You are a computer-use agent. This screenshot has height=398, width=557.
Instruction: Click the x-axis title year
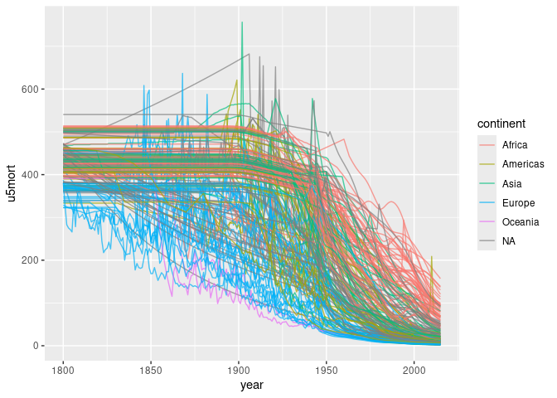pyautogui.click(x=252, y=386)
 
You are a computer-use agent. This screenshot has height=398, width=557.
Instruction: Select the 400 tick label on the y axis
pyautogui.click(x=33, y=175)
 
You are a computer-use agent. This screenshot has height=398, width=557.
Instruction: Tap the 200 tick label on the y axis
pyautogui.click(x=33, y=260)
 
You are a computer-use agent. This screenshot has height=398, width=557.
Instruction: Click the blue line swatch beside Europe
pyautogui.click(x=487, y=202)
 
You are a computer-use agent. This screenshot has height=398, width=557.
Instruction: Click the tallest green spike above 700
pyautogui.click(x=242, y=22)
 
